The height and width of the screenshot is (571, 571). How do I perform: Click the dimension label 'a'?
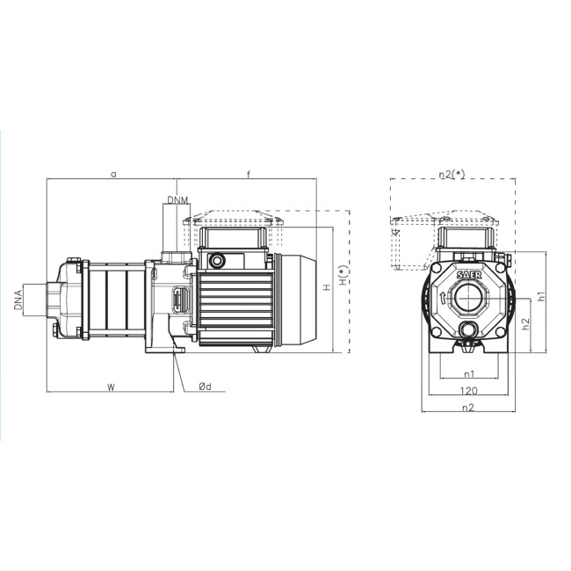pyautogui.click(x=113, y=175)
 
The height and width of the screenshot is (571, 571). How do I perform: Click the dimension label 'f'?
pyautogui.click(x=249, y=174)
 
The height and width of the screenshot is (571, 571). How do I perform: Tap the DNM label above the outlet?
pyautogui.click(x=178, y=200)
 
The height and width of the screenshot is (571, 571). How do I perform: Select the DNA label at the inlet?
pyautogui.click(x=18, y=298)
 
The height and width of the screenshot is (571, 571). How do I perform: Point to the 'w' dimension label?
pyautogui.click(x=111, y=387)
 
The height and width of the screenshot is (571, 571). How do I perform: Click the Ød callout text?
pyautogui.click(x=205, y=387)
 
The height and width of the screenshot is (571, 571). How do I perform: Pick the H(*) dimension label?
pyautogui.click(x=343, y=275)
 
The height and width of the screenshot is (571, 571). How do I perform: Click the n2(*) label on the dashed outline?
pyautogui.click(x=452, y=175)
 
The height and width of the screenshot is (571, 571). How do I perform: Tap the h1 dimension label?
pyautogui.click(x=541, y=296)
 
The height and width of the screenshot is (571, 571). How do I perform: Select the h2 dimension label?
pyautogui.click(x=525, y=324)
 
